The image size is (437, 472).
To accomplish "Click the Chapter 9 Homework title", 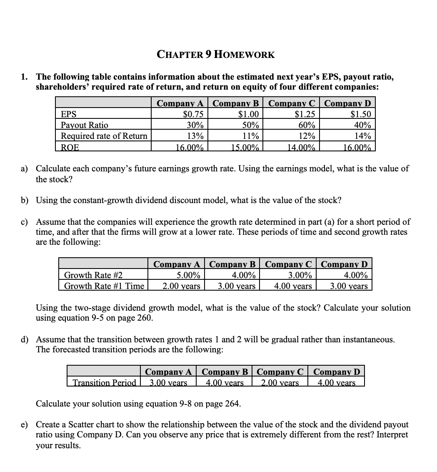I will point(216,55).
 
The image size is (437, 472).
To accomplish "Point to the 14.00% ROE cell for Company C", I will point(303,147).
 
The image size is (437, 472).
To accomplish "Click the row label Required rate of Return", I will point(104,136).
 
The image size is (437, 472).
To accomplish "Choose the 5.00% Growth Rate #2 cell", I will point(189,275).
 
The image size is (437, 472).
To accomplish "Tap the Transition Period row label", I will point(104,383).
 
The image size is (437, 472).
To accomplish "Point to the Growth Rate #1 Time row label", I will point(104,286).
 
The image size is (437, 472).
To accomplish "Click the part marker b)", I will point(25,200).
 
